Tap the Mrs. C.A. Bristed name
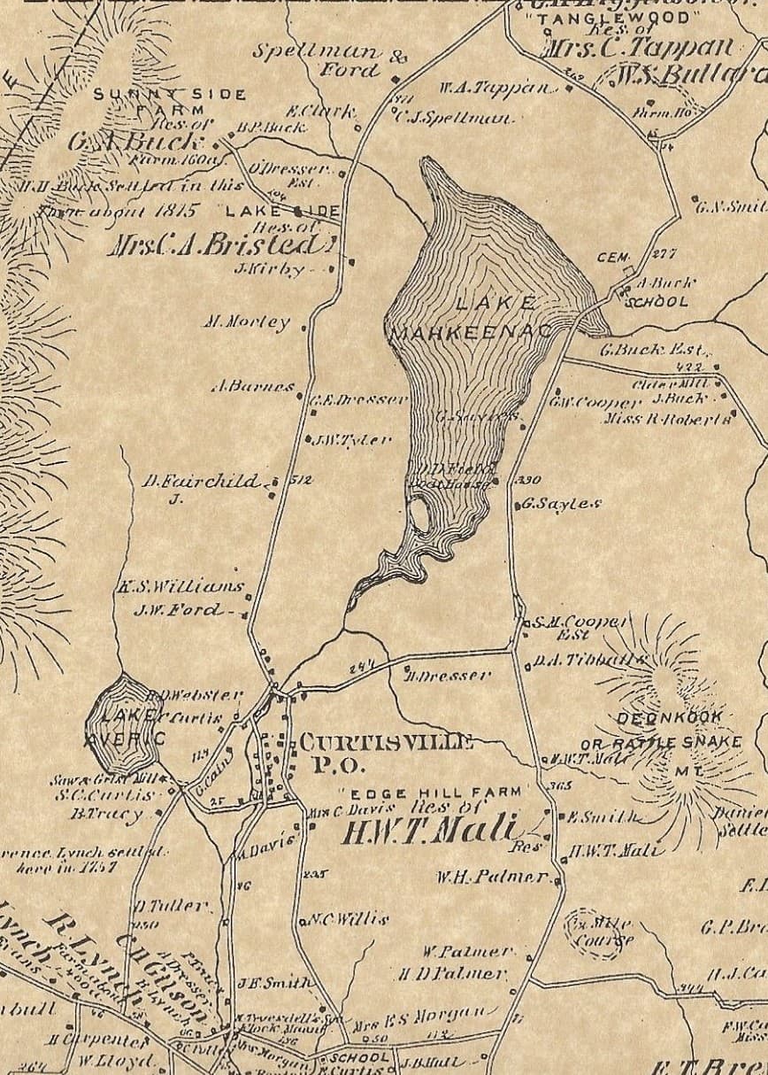[221, 245]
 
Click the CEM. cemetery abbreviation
[611, 258]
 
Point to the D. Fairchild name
[202, 483]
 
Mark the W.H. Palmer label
[493, 878]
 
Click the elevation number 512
[302, 480]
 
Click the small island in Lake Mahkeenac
[420, 514]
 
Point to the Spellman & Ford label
[328, 59]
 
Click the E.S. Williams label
[180, 586]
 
